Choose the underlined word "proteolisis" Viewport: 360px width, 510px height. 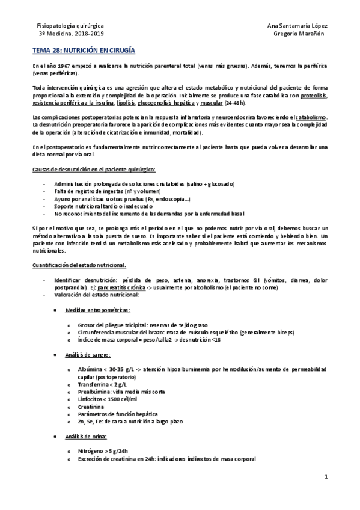[x=314, y=95]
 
